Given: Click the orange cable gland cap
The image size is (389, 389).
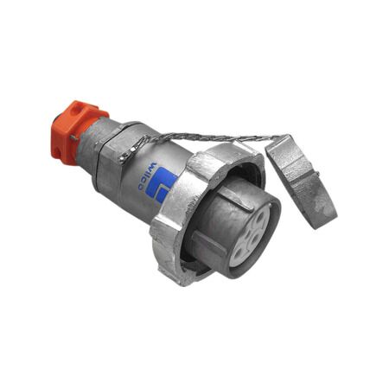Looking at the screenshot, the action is pos(77,131).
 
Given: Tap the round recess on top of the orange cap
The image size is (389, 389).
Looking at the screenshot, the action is pos(76,110).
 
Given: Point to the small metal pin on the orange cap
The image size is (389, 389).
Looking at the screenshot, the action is pos(74,138).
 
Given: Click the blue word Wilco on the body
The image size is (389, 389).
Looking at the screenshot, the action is pos(147,176).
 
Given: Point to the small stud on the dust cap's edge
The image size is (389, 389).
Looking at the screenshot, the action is pos(317,174).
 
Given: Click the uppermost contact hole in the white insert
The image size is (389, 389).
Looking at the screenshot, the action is pos(263,219).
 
